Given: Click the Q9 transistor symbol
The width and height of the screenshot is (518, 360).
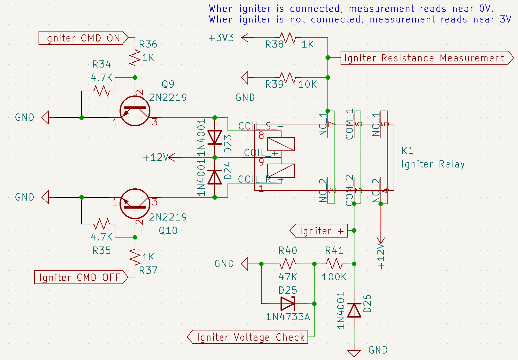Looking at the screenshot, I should [x=135, y=111].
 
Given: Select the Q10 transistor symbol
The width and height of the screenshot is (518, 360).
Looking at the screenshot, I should [x=135, y=203].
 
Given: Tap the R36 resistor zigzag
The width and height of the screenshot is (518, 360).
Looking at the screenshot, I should [x=135, y=58].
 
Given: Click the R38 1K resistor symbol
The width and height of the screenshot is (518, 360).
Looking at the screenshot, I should [x=288, y=38].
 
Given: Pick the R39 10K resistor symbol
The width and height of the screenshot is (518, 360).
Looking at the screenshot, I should [x=288, y=77].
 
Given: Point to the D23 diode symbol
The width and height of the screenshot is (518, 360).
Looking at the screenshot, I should [x=215, y=138].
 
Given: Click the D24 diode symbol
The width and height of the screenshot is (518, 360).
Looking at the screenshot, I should [x=215, y=177].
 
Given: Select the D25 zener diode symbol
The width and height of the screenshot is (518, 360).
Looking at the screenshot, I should [x=288, y=303].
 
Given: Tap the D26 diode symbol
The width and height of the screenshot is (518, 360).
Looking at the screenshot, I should [x=354, y=310].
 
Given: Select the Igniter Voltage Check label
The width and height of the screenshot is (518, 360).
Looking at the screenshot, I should [x=249, y=337].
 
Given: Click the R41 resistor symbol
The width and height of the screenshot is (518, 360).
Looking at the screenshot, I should [x=334, y=264].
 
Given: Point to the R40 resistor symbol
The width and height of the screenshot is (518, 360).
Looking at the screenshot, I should [x=288, y=264].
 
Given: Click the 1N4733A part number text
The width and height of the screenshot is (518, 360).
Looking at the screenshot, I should [x=288, y=317].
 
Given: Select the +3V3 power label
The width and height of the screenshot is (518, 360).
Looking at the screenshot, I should [x=221, y=38].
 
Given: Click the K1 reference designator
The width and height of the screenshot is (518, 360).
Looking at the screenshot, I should [x=407, y=150].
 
